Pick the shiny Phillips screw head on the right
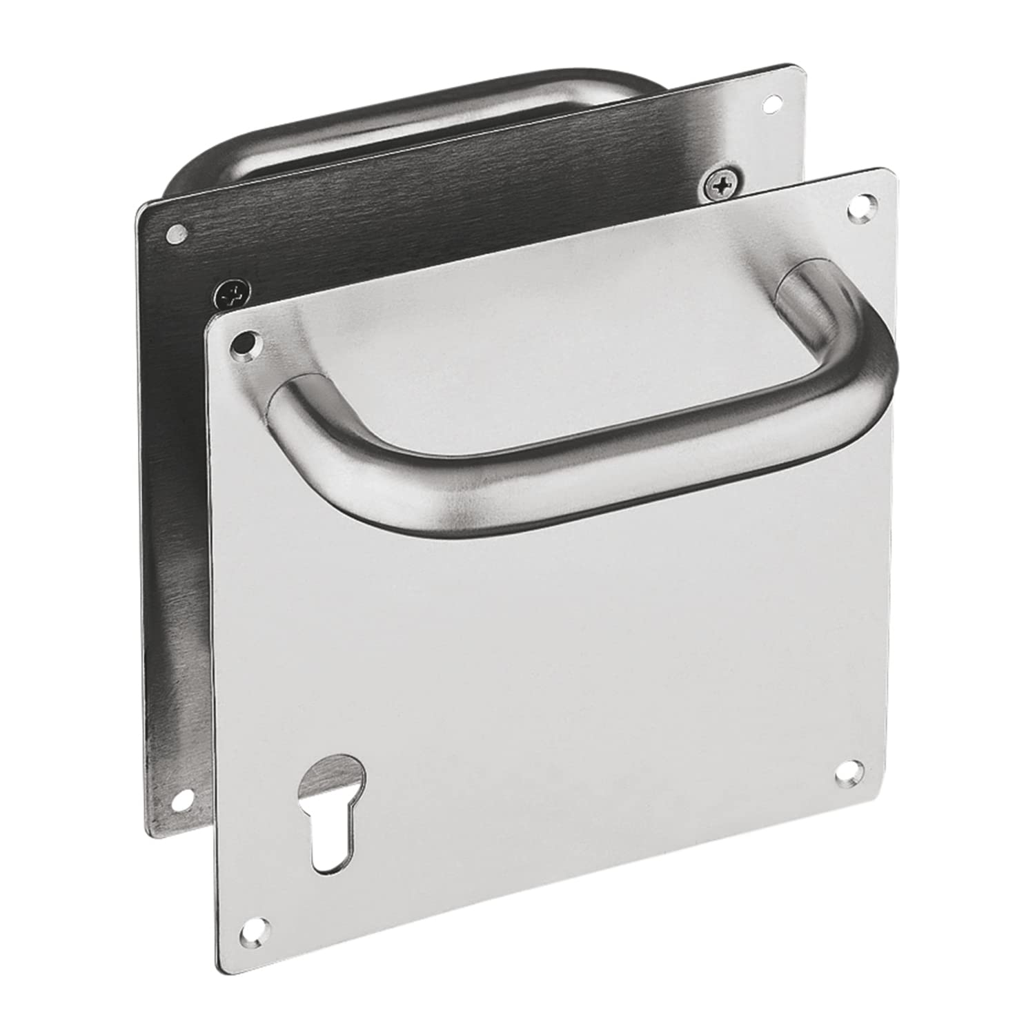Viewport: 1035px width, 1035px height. coord(718,184)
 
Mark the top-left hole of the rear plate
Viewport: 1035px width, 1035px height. coord(177,235)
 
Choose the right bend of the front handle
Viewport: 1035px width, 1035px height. coord(862,359)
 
